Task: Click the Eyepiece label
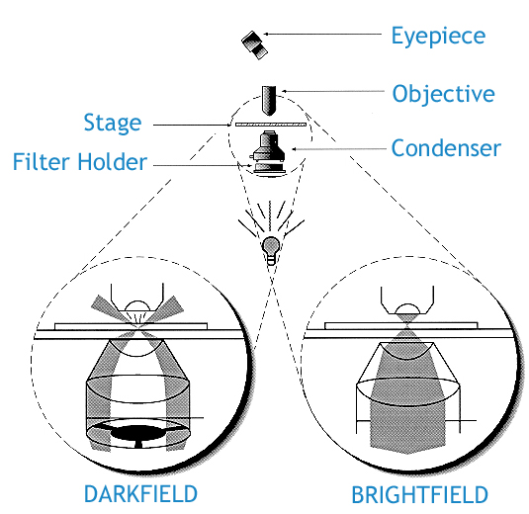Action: tap(439, 37)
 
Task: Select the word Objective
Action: tap(442, 94)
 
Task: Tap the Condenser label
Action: tap(446, 149)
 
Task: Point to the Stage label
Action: tap(113, 124)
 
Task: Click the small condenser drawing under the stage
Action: tap(267, 152)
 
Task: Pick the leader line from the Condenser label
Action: tap(336, 149)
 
